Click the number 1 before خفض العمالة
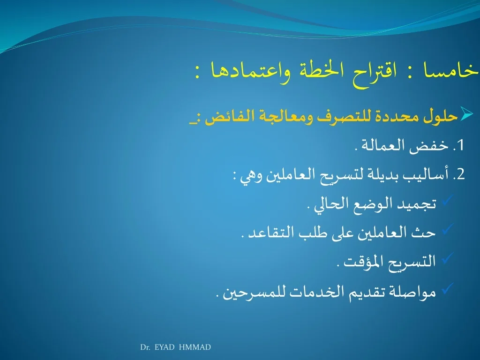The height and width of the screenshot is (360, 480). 460,145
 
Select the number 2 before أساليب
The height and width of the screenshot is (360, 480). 461,174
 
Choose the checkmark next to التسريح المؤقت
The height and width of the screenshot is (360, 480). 447,258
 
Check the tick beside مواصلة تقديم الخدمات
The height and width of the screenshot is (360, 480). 447,288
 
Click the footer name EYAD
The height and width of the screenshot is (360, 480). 164,347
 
